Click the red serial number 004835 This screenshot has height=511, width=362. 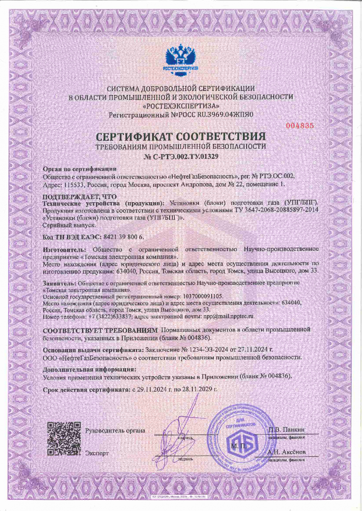tap(300, 126)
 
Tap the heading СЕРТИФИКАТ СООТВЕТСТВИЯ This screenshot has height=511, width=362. tap(181, 136)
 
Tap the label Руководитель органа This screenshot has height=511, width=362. tap(115, 430)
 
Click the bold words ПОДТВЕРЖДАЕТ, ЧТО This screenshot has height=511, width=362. tap(80, 197)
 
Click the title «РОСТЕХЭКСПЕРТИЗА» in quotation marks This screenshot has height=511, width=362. tap(181, 105)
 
